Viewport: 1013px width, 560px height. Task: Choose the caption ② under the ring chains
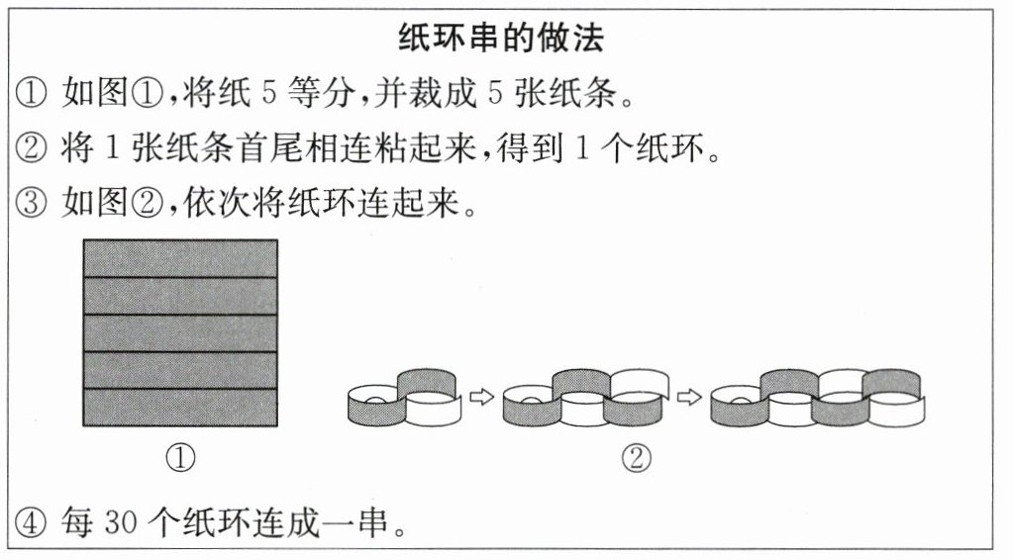pyautogui.click(x=637, y=457)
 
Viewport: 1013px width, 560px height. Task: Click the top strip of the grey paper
pyautogui.click(x=179, y=258)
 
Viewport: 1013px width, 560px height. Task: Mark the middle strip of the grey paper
pyautogui.click(x=179, y=333)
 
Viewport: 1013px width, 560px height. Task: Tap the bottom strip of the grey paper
pyautogui.click(x=179, y=407)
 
